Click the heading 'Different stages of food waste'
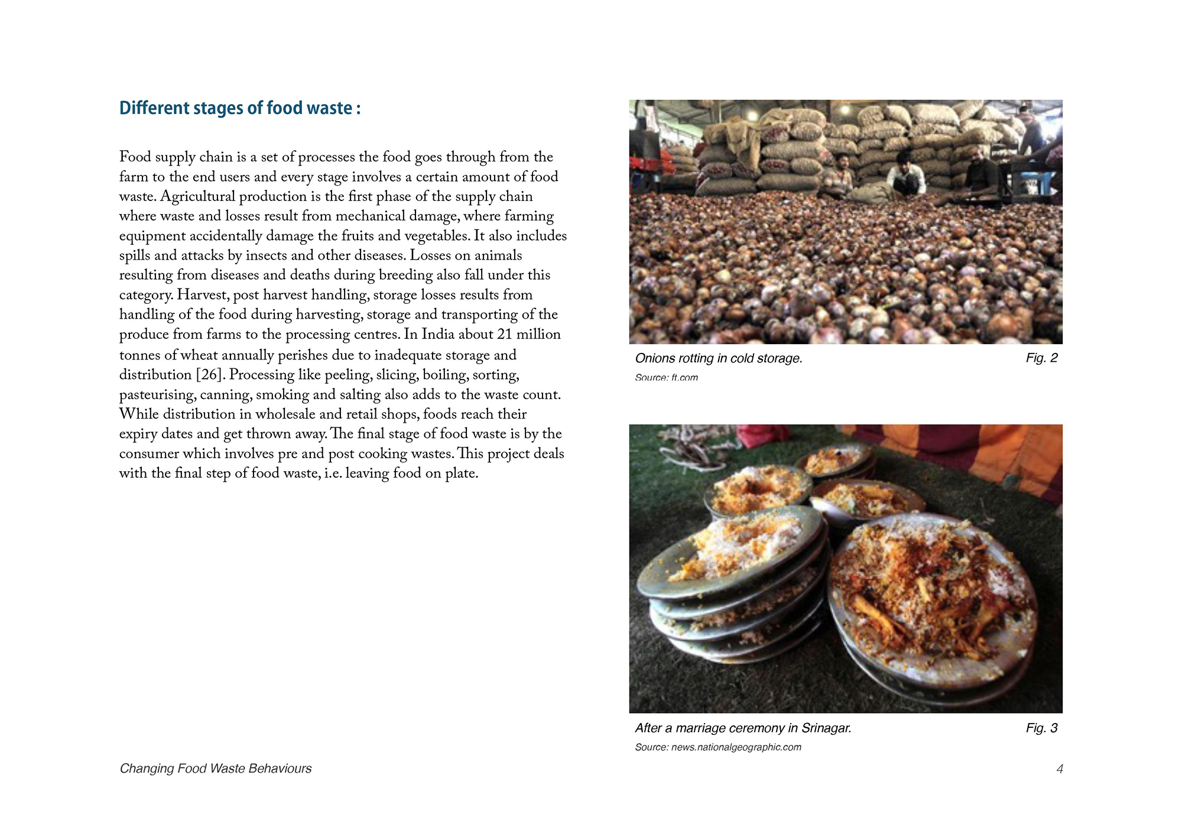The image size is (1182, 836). (239, 108)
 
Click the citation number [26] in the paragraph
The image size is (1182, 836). (209, 375)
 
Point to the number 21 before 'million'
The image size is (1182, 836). (504, 334)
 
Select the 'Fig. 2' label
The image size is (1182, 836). (1041, 358)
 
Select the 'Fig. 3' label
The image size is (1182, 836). (1041, 728)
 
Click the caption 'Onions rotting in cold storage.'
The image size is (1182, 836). (718, 358)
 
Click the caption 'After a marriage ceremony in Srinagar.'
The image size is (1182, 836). (743, 728)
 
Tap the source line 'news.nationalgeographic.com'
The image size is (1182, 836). (736, 747)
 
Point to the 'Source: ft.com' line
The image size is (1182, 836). (666, 377)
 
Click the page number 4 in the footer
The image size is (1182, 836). (1059, 769)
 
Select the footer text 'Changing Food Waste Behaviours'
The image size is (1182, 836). (216, 769)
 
